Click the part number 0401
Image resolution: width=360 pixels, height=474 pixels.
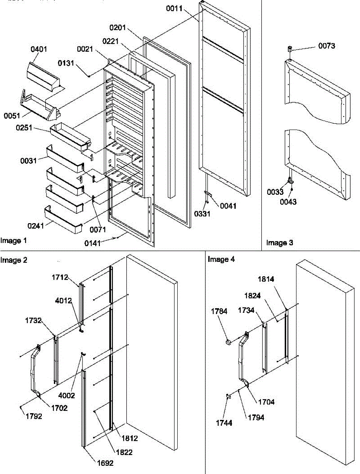39,50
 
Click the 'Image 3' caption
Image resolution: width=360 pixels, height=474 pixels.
279,243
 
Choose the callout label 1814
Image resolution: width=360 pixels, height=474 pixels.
277,279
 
